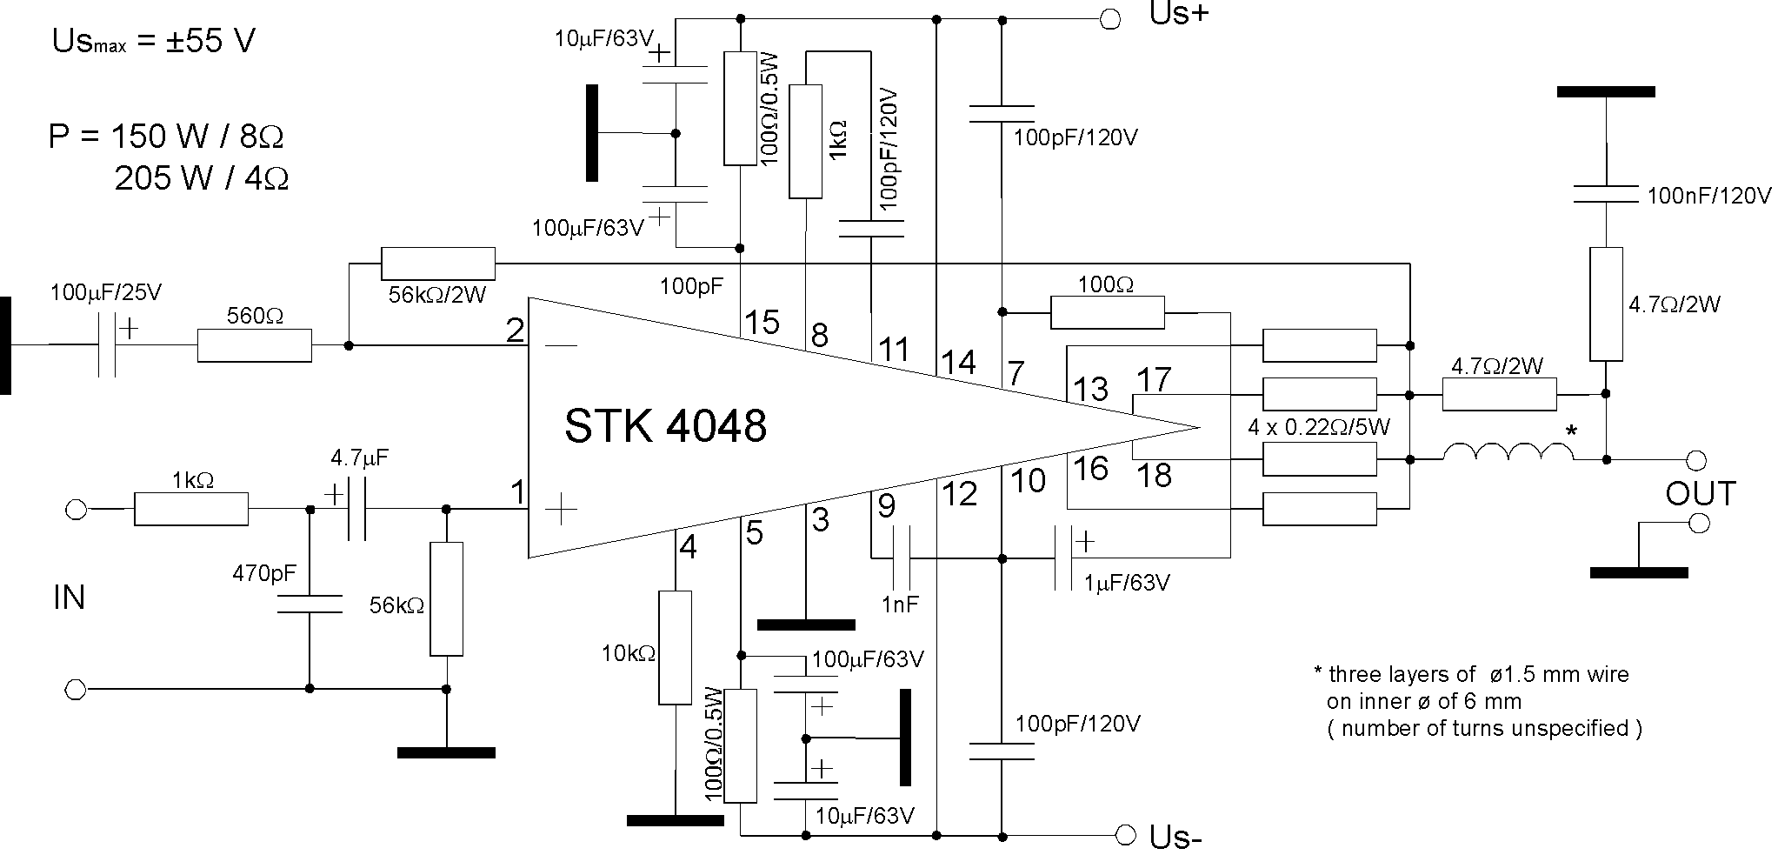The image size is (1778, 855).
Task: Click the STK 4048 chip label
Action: point(665,426)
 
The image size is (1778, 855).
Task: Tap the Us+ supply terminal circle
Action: point(1110,20)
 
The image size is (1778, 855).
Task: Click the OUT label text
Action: point(1701,493)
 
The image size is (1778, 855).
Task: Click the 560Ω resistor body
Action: point(254,345)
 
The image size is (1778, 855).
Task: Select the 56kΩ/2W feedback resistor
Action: point(437,264)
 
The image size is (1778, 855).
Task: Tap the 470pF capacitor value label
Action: point(264,573)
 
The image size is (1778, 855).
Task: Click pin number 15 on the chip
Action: point(762,323)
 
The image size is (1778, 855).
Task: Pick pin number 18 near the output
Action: point(1155,475)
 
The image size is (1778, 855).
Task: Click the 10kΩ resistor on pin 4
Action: point(675,647)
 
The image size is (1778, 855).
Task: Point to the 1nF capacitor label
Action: point(899,605)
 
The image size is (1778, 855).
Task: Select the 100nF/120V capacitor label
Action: point(1709,196)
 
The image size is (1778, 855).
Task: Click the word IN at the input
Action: point(70,598)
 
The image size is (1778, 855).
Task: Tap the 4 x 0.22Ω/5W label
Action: point(1319,427)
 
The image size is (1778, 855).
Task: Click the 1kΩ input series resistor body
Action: point(191,509)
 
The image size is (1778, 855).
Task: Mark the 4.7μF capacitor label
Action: point(360,458)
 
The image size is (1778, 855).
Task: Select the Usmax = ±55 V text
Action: point(153,42)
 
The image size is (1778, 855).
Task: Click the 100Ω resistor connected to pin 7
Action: point(1107,312)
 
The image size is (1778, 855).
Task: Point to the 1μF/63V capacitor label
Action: point(1127,582)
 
